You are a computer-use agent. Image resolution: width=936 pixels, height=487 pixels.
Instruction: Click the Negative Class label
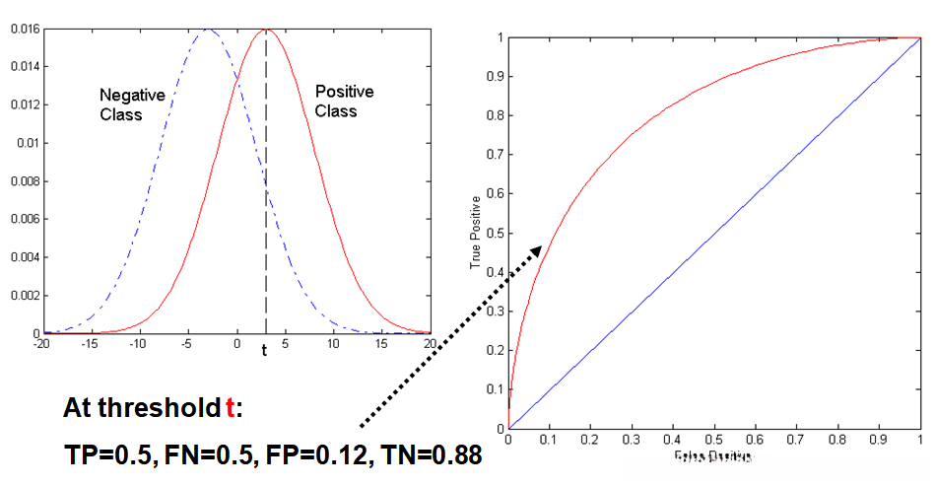pos(133,104)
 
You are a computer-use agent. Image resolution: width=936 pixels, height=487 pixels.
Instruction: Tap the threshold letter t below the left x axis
pos(264,351)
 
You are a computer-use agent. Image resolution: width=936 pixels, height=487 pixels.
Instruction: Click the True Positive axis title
pos(476,233)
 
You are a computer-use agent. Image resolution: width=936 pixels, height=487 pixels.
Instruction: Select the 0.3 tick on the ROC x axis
pos(631,439)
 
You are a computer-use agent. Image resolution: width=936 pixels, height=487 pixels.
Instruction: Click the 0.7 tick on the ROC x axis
pos(796,439)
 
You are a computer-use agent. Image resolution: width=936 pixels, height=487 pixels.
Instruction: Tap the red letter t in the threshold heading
pos(231,408)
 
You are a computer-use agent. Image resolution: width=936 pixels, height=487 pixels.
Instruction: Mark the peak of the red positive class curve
pos(266,30)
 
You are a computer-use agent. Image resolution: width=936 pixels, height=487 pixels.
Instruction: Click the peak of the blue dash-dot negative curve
pos(208,30)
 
